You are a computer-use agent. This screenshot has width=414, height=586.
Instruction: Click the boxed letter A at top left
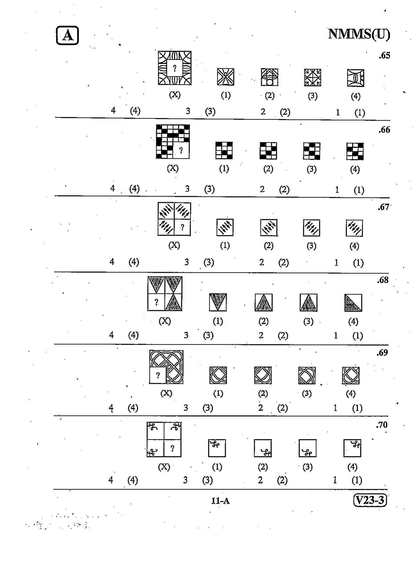pyautogui.click(x=67, y=35)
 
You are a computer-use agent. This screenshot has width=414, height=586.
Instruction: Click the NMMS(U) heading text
pyautogui.click(x=359, y=34)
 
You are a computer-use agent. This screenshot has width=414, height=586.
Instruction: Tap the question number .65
pyautogui.click(x=384, y=55)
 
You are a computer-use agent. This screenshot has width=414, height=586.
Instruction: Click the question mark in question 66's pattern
pyautogui.click(x=181, y=150)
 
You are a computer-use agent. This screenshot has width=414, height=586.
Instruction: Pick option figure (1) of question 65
pyautogui.click(x=226, y=77)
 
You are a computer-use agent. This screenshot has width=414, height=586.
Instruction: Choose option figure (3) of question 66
pyautogui.click(x=312, y=151)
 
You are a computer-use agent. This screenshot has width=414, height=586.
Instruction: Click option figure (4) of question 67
pyautogui.click(x=354, y=228)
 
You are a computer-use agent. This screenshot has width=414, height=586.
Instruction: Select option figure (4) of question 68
pyautogui.click(x=353, y=303)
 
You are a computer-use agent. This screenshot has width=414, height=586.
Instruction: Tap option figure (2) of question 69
pyautogui.click(x=263, y=375)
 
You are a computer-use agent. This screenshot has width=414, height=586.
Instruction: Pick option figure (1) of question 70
pyautogui.click(x=217, y=448)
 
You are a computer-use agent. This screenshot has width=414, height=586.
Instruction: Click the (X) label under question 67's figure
pyautogui.click(x=174, y=245)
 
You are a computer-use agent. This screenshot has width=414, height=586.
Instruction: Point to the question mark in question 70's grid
pyautogui.click(x=172, y=448)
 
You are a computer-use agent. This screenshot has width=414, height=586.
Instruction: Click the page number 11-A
pyautogui.click(x=220, y=501)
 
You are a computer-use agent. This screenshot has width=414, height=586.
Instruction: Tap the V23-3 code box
pyautogui.click(x=370, y=500)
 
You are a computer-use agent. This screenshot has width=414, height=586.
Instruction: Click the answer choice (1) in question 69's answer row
pyautogui.click(x=357, y=408)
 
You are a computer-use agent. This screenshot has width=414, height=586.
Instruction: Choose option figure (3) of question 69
pyautogui.click(x=307, y=375)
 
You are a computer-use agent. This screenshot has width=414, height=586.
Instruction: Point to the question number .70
pyautogui.click(x=382, y=425)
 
